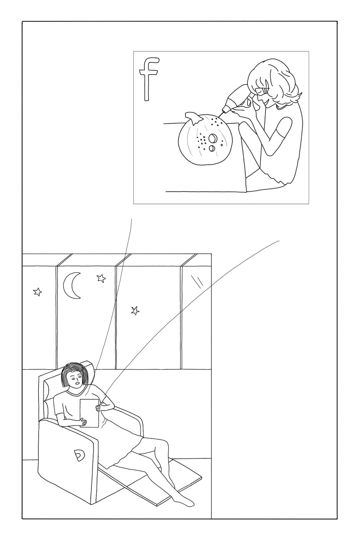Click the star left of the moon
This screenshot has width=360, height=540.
(38, 292)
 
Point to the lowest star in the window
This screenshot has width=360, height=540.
(135, 311)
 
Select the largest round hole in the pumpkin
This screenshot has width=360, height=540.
(213, 138)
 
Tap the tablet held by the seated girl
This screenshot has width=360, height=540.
(89, 413)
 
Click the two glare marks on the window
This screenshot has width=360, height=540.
(197, 280)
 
